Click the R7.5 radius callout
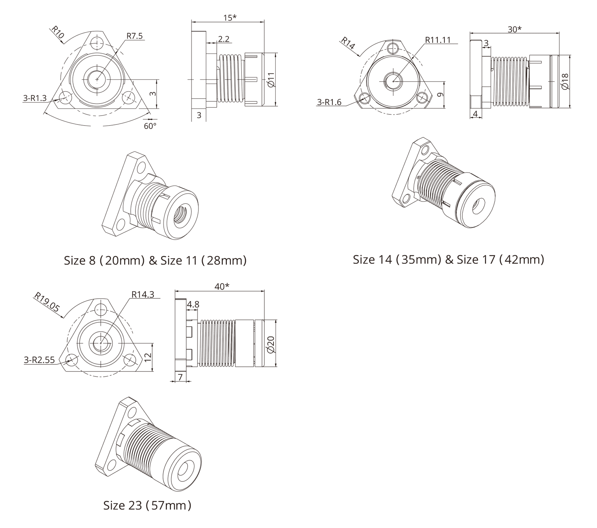point(135,36)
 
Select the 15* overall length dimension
point(230,17)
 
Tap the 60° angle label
point(150,126)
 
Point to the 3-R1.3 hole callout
point(35,98)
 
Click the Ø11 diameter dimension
point(271,80)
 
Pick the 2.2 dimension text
point(224,39)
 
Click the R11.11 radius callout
point(438,40)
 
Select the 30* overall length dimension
point(515,29)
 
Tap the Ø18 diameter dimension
point(565,81)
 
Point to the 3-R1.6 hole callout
point(329,102)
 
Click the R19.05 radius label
point(47,302)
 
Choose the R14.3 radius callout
point(143,294)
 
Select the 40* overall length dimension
point(222,286)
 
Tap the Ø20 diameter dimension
point(271,344)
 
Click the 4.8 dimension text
point(193,304)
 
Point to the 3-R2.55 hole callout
point(39,360)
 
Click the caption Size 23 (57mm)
point(147,505)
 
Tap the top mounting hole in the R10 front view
point(97,42)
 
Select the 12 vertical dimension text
point(148,357)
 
